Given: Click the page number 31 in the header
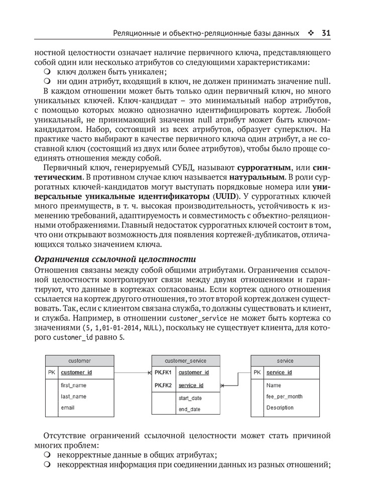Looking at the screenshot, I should point(325,34).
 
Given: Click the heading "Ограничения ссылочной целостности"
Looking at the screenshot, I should point(114,260).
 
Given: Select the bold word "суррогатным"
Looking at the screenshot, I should point(265,167).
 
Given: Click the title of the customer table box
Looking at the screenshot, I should point(79,361).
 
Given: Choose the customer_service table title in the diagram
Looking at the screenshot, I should point(185,361).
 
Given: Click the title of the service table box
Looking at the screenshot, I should point(285,361).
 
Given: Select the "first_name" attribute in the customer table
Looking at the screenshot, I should point(73,385).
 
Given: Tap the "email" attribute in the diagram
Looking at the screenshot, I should point(67,408).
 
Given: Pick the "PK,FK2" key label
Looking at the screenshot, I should point(163,385).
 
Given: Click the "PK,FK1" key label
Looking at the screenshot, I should point(163,372).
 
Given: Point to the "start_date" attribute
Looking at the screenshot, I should point(190,398).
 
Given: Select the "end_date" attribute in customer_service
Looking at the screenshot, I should point(189,409).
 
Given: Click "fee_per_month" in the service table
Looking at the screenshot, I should point(284,397).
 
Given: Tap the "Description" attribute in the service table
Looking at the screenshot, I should point(280,408).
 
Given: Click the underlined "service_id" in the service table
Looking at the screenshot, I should point(279,372).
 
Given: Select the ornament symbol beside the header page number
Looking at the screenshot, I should point(310,34).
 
